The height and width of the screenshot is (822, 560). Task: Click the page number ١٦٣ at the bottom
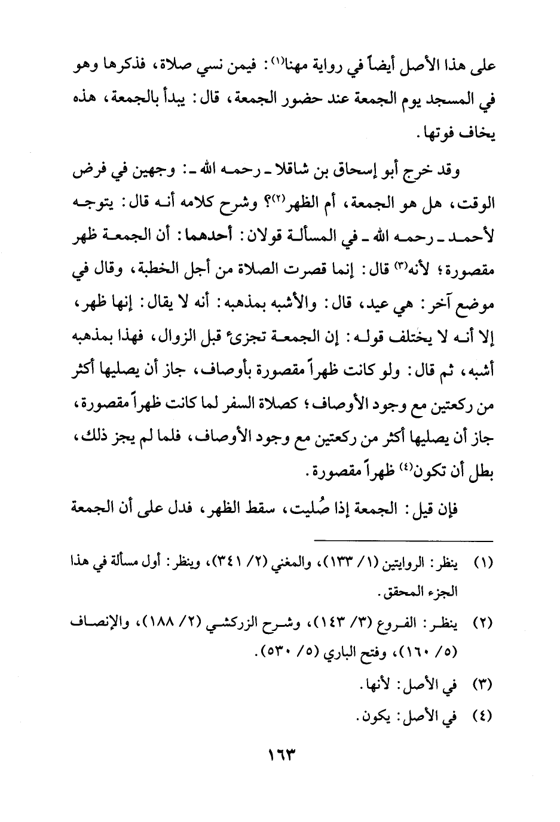[x=280, y=755]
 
